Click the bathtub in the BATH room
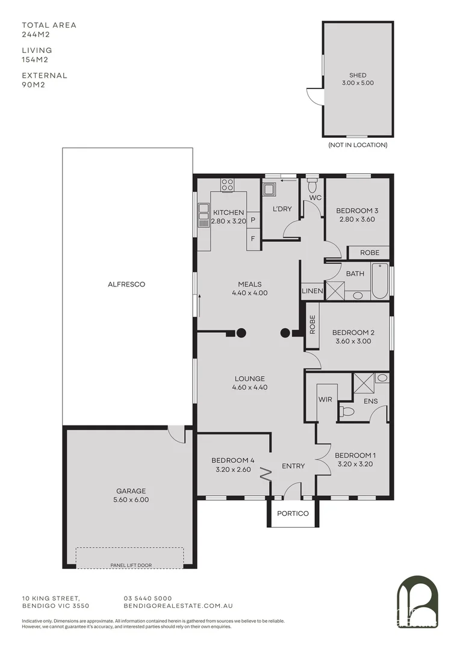coord(379,281)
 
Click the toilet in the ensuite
coord(347,412)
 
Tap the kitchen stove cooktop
coord(228,185)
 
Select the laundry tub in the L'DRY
coord(270,190)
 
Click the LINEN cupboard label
coord(312,291)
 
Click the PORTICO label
coord(293,513)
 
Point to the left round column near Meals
coord(241,332)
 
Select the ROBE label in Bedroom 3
coord(369,253)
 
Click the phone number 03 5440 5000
coord(148,598)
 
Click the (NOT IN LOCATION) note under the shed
coord(358,145)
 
